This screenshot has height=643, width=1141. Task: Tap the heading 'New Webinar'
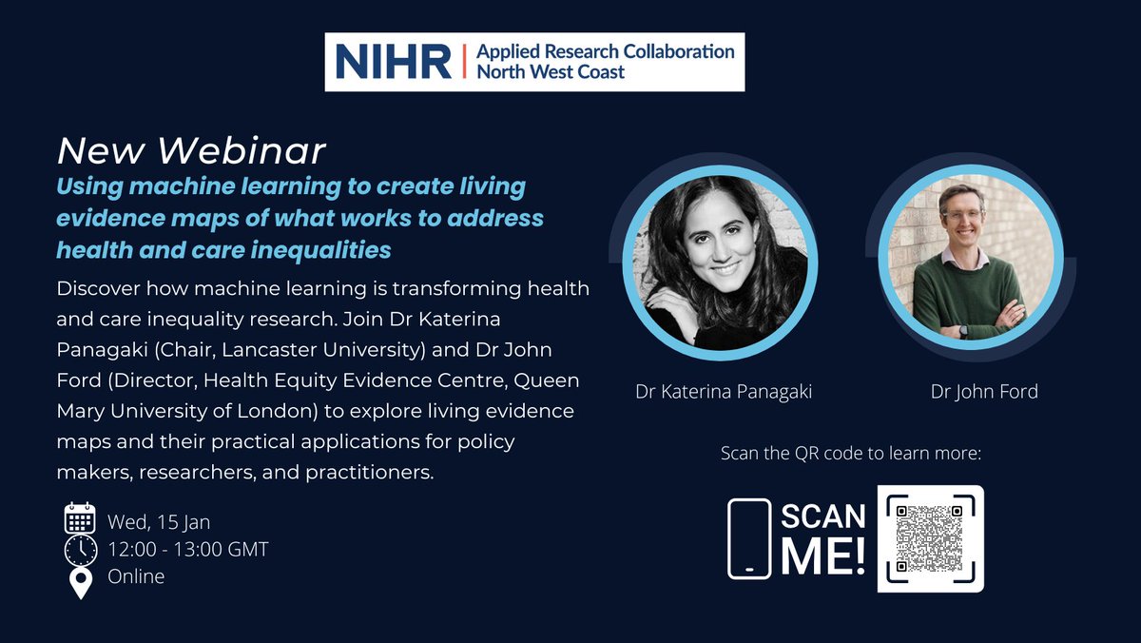[191, 150]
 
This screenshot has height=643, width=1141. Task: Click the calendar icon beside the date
[81, 518]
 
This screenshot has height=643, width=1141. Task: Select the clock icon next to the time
[81, 550]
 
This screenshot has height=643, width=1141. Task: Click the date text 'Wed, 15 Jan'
[159, 522]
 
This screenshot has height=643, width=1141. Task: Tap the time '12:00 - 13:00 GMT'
[188, 550]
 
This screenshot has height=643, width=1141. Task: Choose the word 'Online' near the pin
[136, 577]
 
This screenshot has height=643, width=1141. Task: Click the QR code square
[930, 539]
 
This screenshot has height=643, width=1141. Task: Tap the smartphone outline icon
[749, 538]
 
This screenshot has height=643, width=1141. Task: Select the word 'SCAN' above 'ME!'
[823, 516]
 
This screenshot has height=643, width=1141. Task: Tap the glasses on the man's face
[961, 216]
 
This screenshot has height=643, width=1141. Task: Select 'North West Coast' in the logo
[552, 72]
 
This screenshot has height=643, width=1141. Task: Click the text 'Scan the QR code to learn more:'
[851, 453]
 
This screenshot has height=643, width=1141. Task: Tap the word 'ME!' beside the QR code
[823, 558]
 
